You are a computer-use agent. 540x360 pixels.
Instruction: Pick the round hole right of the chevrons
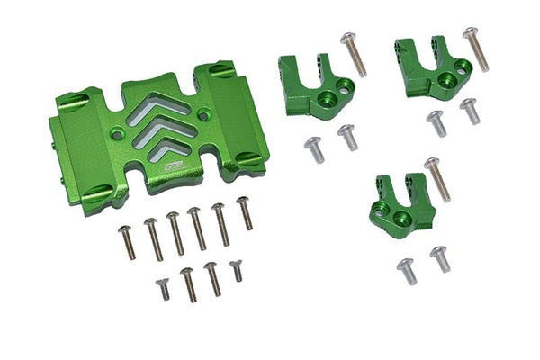coord(205,115)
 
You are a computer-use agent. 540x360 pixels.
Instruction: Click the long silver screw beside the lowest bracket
coord(436,178)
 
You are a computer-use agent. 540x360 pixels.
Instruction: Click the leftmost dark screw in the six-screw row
coord(127,242)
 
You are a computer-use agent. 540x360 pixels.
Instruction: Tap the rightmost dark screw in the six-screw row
coord(244,213)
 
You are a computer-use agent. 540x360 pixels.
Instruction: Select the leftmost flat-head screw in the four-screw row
coord(163,288)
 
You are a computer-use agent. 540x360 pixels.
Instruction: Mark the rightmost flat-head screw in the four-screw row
coord(236,269)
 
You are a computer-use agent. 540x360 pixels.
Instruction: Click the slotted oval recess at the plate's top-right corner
coord(223,70)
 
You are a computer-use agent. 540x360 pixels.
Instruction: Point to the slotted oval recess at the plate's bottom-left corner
coord(99,193)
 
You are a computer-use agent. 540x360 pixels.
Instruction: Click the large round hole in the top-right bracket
coord(462,67)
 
